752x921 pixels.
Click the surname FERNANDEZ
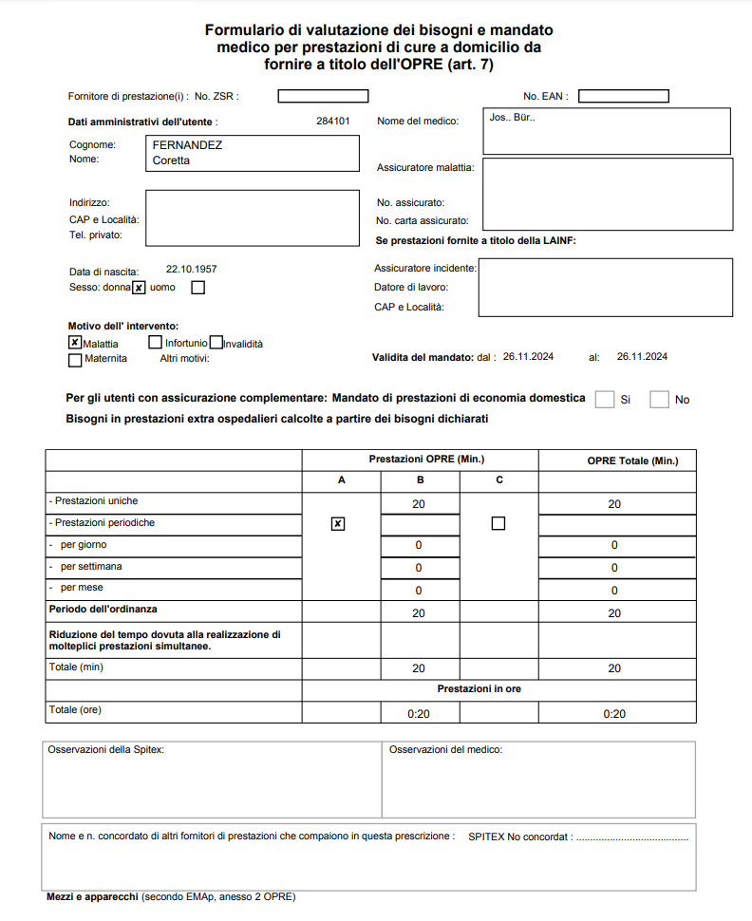[x=187, y=145]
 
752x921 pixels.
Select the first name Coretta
[x=172, y=160]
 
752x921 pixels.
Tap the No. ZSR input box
[x=323, y=96]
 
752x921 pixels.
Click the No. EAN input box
[x=623, y=96]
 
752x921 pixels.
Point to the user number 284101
[x=333, y=122]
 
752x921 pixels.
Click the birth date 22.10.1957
[x=191, y=270]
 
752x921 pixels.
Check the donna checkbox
[x=139, y=288]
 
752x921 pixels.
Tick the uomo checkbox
[x=197, y=288]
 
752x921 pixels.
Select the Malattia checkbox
[x=75, y=343]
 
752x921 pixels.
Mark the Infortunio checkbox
[x=156, y=342]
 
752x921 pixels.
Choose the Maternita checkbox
[x=75, y=360]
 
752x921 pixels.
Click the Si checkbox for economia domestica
[x=604, y=400]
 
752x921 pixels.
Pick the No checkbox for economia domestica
[x=659, y=400]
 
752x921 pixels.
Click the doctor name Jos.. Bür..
[x=512, y=119]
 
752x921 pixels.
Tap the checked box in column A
[x=338, y=523]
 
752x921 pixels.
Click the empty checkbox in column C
[x=498, y=523]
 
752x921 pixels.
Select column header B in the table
[x=419, y=480]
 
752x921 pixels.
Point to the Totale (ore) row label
[x=75, y=710]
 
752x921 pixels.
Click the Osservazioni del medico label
[x=445, y=750]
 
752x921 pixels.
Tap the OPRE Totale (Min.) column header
[x=616, y=460]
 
